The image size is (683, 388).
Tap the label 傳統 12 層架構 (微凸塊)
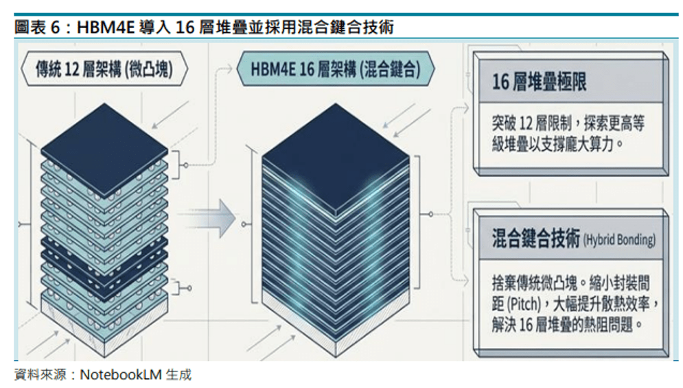coord(104,69)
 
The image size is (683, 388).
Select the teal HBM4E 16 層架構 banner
coord(336,69)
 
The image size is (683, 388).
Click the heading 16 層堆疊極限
coord(540,82)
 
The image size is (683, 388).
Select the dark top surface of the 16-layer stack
coord(336,159)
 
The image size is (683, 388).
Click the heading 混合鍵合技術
coord(536,238)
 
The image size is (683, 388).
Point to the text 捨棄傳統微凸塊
coord(535,283)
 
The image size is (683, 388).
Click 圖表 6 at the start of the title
coord(37,27)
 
